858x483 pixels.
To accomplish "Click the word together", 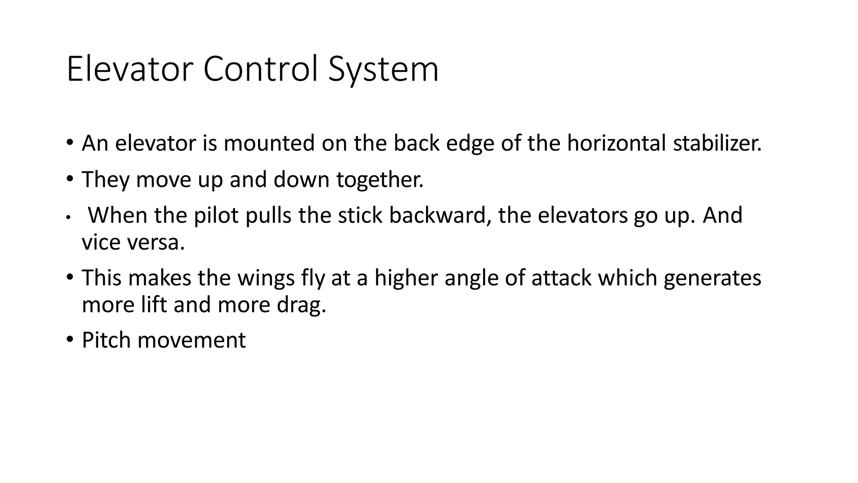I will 380,179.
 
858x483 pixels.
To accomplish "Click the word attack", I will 561,278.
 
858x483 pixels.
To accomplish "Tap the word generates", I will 712,278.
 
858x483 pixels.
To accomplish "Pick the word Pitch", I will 106,340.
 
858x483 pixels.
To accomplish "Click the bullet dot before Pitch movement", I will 70,339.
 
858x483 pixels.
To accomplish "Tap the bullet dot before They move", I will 70,179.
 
